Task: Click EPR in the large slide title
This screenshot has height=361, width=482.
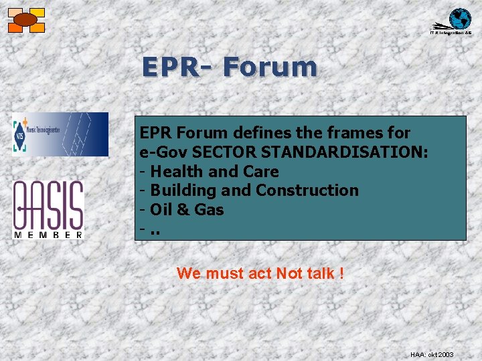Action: pyautogui.click(x=169, y=68)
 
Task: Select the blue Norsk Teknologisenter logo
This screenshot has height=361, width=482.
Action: pyautogui.click(x=60, y=134)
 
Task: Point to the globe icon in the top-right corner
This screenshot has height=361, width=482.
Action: pyautogui.click(x=459, y=19)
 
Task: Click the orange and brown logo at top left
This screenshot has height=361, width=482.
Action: pyautogui.click(x=26, y=20)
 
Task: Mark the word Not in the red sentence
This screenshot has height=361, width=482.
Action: pyautogui.click(x=290, y=273)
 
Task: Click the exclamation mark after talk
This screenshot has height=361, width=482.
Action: pyautogui.click(x=341, y=273)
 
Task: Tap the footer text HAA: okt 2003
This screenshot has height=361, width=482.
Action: pyautogui.click(x=431, y=354)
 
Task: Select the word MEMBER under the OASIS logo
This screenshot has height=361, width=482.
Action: pyautogui.click(x=48, y=234)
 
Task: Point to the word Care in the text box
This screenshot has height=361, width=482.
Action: pyautogui.click(x=261, y=171)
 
